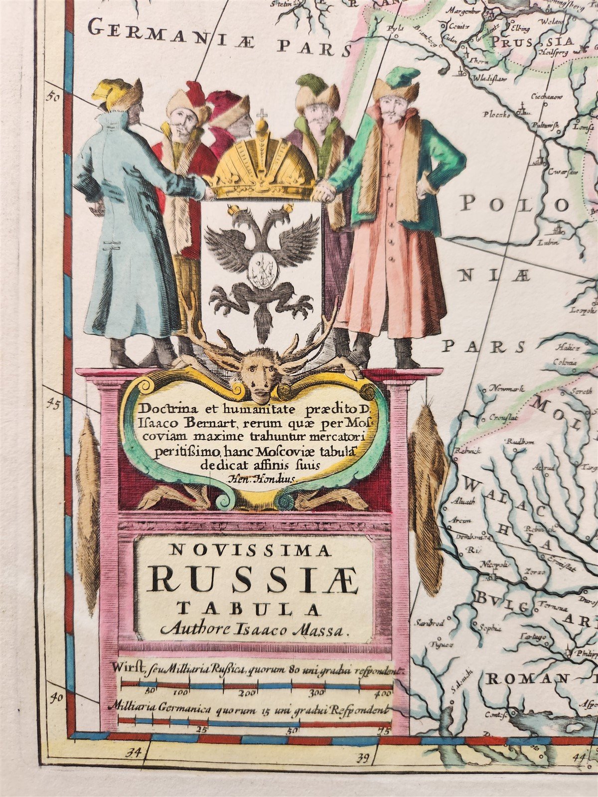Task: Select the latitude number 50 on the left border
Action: click(x=52, y=97)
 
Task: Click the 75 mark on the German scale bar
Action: click(x=383, y=731)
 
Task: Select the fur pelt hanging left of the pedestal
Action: click(x=88, y=513)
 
